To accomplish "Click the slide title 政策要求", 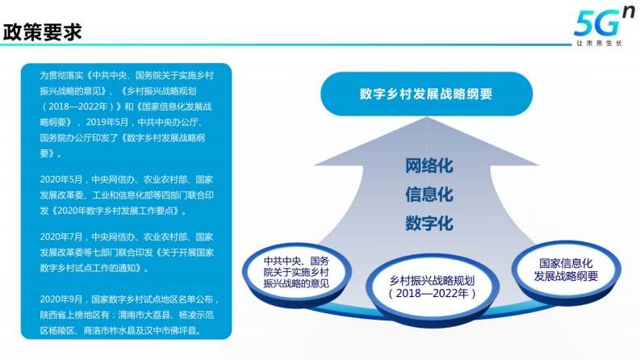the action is pos(43,31).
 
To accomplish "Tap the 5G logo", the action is pos(604,23).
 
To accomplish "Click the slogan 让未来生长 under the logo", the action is pos(599,43).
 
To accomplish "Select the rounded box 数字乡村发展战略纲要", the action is pos(426,94).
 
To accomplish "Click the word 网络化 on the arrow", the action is pos(429,165).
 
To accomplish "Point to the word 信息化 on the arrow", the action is pos(429,195).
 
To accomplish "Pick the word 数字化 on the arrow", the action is pos(429,224).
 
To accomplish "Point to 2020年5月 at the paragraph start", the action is pos(61,179).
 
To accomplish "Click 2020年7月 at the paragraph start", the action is pos(61,237).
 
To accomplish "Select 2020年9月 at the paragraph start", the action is pos(61,299).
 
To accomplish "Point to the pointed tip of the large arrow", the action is pos(426,118).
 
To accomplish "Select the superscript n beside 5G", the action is pos(629,13).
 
